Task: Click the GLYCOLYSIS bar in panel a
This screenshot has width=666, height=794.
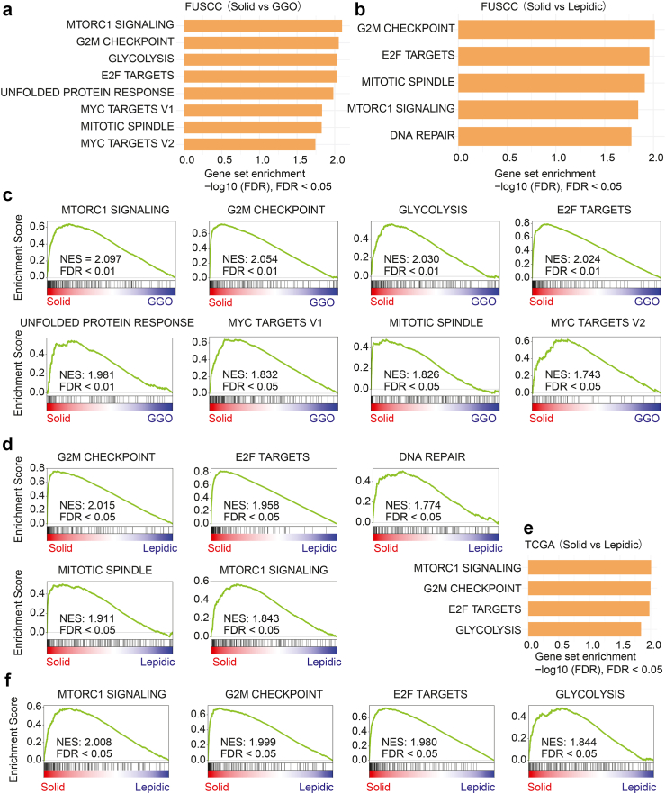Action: (261, 59)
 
